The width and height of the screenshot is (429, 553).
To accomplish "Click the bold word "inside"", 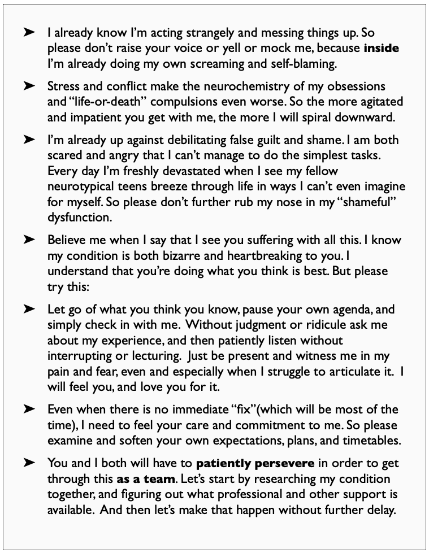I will point(381,49).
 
